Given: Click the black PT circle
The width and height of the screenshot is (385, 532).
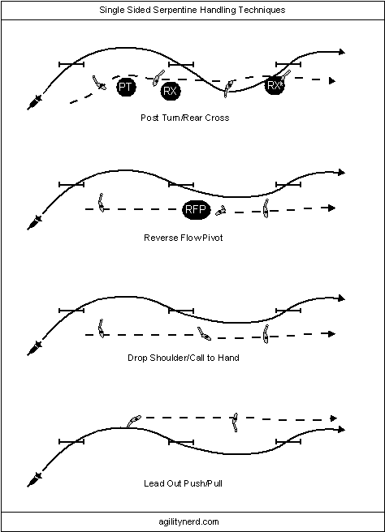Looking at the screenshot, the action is pos(126,87).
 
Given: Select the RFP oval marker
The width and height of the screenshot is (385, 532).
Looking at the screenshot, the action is pos(196,209).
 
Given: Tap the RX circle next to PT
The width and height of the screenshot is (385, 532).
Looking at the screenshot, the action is pos(171,91).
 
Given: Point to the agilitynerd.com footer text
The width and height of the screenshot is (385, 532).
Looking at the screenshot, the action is pos(189,521).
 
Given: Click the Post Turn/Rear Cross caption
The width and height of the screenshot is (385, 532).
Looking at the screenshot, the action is pos(185,118).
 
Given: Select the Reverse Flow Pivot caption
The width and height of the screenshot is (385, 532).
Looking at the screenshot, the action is pos(183,238).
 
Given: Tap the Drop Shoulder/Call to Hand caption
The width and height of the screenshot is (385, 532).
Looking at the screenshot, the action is pos(184,358).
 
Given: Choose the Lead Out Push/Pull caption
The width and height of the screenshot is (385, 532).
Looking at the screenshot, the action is pos(183,483).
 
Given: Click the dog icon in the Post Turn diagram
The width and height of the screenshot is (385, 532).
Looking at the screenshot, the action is pos(34,103).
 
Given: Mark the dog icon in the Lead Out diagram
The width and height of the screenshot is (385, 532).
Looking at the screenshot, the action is pos(34,480).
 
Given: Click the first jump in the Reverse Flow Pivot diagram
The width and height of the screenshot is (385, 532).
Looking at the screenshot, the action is pos(71,185).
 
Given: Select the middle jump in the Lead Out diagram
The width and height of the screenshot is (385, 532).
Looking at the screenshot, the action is pos(181,442).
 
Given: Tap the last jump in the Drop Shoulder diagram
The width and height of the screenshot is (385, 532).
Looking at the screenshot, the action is pos(288,311).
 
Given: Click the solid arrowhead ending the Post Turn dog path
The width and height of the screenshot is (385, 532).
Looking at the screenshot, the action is pos(342,52).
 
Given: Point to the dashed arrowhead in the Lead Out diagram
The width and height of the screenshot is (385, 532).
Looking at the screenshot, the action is pos(334,418).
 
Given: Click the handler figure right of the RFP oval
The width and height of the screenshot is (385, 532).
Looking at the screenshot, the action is pos(221,210).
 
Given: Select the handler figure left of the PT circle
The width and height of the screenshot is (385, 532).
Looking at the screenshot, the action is pos(99,83).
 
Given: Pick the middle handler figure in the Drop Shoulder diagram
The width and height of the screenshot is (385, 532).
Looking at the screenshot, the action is pos(204,333).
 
